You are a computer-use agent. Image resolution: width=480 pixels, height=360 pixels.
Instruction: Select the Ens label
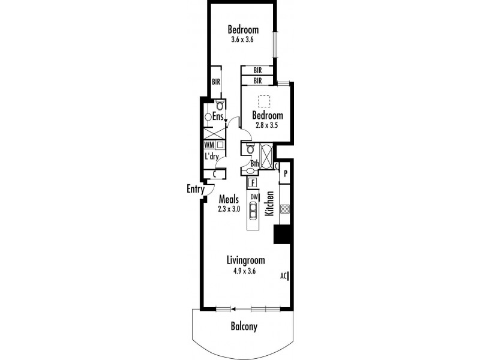pyautogui.click(x=217, y=116)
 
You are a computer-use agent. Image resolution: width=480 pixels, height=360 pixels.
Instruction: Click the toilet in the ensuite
pyautogui.click(x=211, y=105)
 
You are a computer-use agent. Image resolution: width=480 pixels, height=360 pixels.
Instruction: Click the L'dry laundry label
pyautogui.click(x=210, y=157)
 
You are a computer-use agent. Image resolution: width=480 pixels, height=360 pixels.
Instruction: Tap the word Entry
pyautogui.click(x=195, y=190)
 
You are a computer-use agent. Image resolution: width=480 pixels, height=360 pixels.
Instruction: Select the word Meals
pyautogui.click(x=229, y=199)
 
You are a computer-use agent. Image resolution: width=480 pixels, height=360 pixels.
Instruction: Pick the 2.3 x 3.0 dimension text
pyautogui.click(x=229, y=209)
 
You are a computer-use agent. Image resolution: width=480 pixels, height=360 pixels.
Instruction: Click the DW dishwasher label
pyautogui.click(x=253, y=196)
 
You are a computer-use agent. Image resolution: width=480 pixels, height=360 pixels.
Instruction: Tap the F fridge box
pyautogui.click(x=253, y=182)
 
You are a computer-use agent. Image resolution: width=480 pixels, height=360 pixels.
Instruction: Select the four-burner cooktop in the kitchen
pyautogui.click(x=285, y=210)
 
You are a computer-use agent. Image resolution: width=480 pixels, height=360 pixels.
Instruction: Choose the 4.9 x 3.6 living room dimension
pyautogui.click(x=245, y=271)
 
